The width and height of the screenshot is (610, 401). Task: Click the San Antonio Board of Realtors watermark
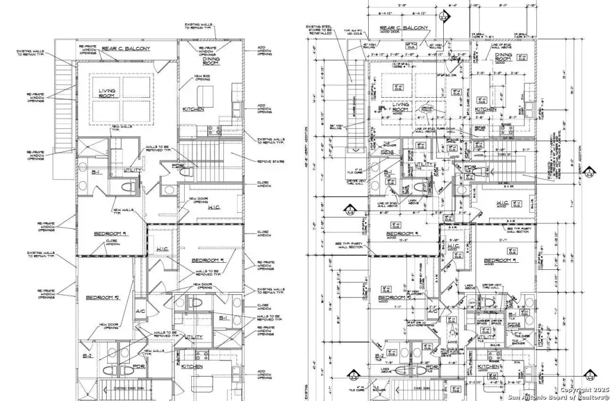[x=558, y=396]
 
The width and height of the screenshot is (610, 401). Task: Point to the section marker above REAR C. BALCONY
[x=443, y=16]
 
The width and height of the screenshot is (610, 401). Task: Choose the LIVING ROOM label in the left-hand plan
[x=107, y=93]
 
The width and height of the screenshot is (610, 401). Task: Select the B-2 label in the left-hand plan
[x=88, y=356]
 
